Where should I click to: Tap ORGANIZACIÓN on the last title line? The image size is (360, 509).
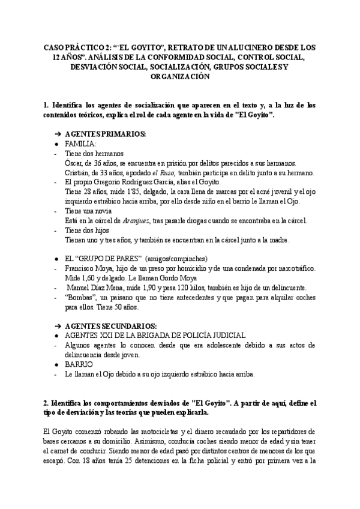(x=180, y=77)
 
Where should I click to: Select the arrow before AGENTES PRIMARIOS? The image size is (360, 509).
(x=58, y=134)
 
